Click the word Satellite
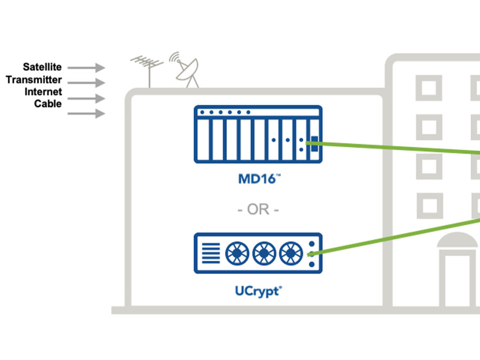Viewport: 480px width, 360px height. pyautogui.click(x=42, y=67)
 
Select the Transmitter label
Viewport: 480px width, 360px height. pyautogui.click(x=34, y=80)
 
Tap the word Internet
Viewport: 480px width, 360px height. pyautogui.click(x=43, y=92)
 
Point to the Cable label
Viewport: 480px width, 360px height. pyautogui.click(x=48, y=104)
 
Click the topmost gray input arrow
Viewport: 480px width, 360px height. pyautogui.click(x=87, y=67)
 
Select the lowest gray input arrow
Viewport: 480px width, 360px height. pyautogui.click(x=87, y=113)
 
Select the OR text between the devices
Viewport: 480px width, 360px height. pyautogui.click(x=258, y=210)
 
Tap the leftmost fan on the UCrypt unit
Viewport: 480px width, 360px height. pyautogui.click(x=236, y=253)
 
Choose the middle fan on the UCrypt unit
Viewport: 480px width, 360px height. pyautogui.click(x=263, y=253)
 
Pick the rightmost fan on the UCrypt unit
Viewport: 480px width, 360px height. pyautogui.click(x=290, y=253)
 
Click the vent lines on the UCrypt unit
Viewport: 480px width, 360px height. pyautogui.click(x=211, y=253)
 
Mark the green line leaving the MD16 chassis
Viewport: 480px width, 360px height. pyautogui.click(x=397, y=147)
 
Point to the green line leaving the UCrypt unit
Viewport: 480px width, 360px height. pyautogui.click(x=397, y=235)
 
